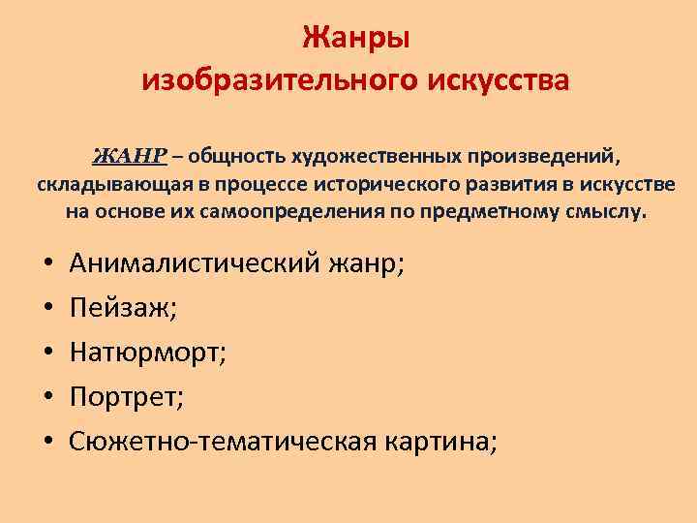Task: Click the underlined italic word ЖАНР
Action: coord(130,156)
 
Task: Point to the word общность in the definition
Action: coord(232,156)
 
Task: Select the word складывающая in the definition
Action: coord(107,184)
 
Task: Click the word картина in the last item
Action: coord(446,443)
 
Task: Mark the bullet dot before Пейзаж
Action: coord(47,311)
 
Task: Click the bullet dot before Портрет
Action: coord(47,399)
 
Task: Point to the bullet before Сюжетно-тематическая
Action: coord(47,444)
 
